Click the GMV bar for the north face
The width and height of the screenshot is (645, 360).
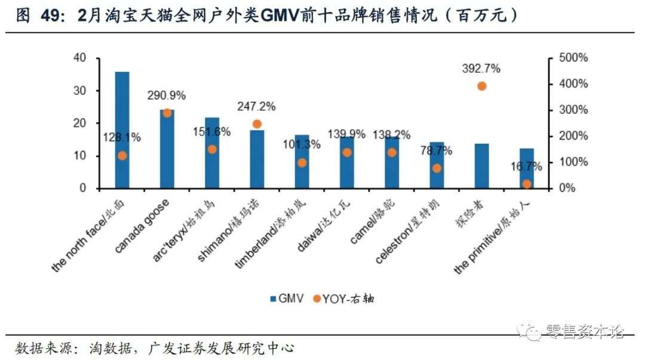coord(122,130)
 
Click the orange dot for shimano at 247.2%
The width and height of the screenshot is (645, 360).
coord(257,124)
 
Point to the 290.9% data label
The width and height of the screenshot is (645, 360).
coord(167,95)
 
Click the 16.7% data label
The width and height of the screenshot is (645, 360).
coord(526,166)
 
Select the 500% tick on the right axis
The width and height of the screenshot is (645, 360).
coord(573,58)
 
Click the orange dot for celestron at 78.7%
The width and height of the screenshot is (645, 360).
coord(437,168)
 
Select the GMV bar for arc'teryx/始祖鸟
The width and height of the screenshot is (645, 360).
coord(212,153)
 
